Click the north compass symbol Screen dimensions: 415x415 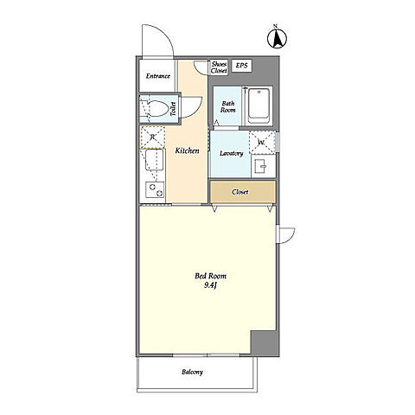point(277,38)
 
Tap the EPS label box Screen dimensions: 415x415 point(241,66)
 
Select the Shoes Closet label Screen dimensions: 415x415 point(219,67)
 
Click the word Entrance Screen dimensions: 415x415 point(158,76)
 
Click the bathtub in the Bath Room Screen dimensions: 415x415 point(259,105)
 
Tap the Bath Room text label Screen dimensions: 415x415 point(228,106)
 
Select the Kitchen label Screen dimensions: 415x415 point(188,150)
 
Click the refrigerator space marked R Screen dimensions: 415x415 point(152,137)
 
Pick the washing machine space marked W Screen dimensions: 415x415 point(262,143)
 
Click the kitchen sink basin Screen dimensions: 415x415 point(155,160)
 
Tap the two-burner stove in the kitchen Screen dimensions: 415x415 point(155,189)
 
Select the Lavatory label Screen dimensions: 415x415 point(231,153)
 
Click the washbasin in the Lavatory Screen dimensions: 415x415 point(260,167)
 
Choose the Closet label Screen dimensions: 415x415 point(240,192)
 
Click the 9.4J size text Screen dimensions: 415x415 point(210,285)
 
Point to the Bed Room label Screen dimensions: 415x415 point(210,276)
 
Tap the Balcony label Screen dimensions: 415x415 point(192,372)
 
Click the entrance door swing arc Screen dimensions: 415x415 point(165,32)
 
